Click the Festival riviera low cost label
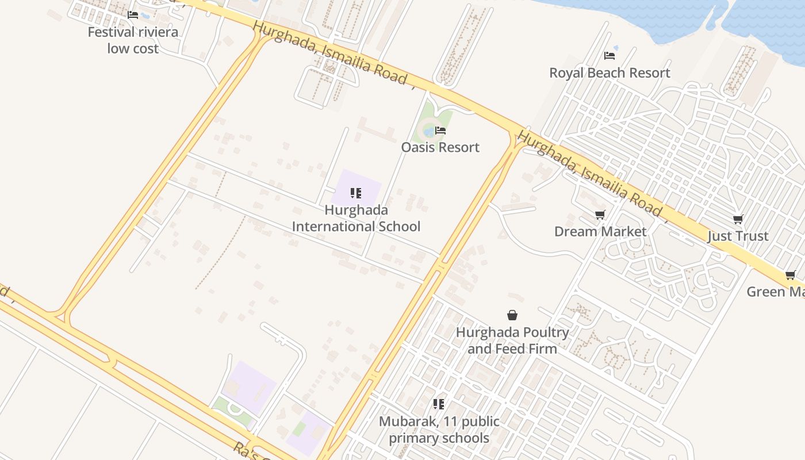point(133,40)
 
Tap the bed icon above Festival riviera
point(133,15)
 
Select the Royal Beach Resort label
point(609,73)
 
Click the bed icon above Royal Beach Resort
point(609,56)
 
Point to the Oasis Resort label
point(440,147)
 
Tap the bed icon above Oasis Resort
point(440,131)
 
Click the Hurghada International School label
point(356,218)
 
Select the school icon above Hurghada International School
point(356,193)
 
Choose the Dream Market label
point(600,231)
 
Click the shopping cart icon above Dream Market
point(600,214)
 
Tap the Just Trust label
point(738,236)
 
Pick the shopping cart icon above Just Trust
point(738,219)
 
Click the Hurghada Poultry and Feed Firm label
point(512,340)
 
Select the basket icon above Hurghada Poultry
point(512,315)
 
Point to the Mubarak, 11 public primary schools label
point(439,430)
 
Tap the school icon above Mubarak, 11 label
point(439,404)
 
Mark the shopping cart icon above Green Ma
point(791,275)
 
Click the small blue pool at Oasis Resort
point(429,132)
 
